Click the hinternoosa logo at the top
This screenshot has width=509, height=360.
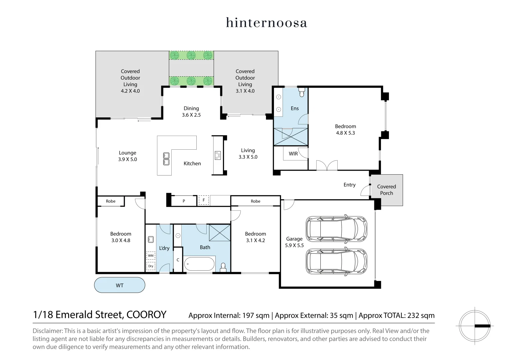266,23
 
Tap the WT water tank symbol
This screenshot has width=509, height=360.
120,285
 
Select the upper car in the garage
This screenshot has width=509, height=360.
336,229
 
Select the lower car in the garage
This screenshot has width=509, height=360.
336,262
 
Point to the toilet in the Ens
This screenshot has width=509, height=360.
302,92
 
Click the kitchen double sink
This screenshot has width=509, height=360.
166,159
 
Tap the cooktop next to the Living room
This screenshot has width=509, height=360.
218,155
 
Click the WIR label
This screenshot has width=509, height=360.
293,154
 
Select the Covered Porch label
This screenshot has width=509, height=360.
386,190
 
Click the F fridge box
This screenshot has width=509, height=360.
204,200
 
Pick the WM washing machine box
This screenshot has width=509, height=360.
151,256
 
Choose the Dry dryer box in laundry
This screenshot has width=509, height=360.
151,266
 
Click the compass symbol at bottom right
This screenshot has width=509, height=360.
474,325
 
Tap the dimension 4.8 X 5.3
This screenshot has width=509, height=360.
345,133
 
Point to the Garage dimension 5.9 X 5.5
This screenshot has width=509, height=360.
294,245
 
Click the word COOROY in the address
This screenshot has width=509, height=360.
146,315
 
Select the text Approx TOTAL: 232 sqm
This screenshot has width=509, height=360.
396,315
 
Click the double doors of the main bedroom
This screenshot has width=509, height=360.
327,166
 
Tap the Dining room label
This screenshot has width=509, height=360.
191,108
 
